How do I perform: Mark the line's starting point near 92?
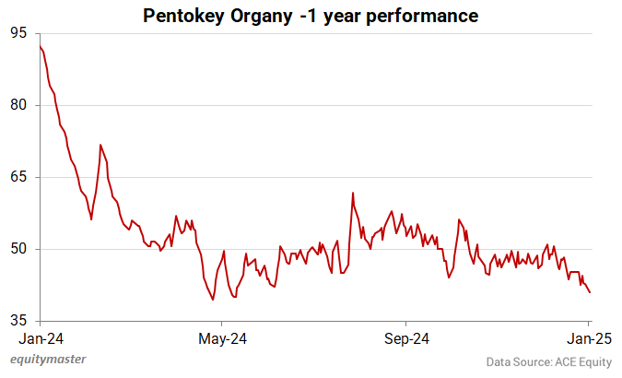pyautogui.click(x=40, y=46)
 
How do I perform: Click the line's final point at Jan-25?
pyautogui.click(x=590, y=293)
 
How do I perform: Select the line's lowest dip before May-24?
pyautogui.click(x=213, y=300)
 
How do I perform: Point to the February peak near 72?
pyautogui.click(x=100, y=145)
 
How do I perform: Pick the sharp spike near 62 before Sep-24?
pyautogui.click(x=352, y=193)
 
